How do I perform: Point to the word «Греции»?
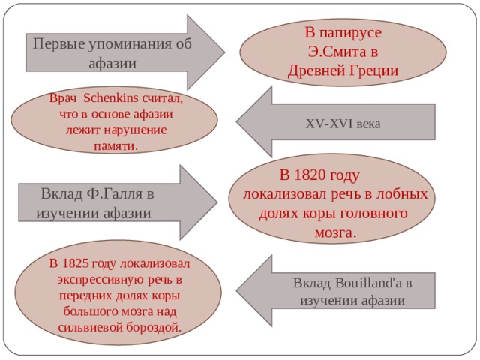[373, 71]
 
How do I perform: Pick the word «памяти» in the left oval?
[114, 146]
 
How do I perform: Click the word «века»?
[368, 125]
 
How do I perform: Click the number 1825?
[75, 263]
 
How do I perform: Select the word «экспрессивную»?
[100, 280]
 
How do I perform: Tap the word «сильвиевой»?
[90, 327]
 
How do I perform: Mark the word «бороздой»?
[153, 327]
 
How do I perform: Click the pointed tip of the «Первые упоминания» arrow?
[225, 52]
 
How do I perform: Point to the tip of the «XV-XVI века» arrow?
[236, 121]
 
